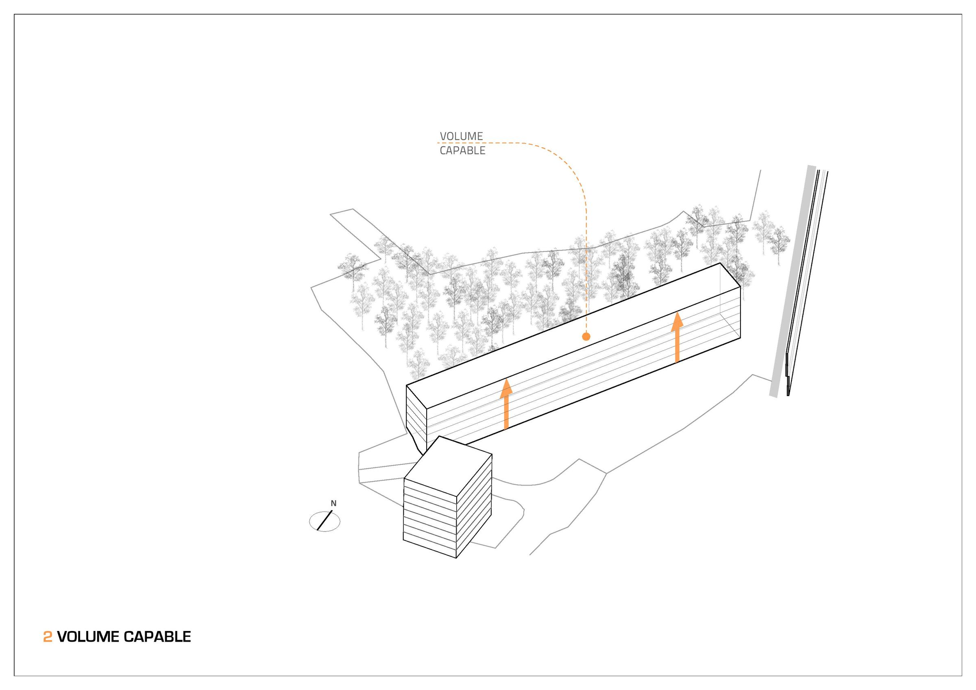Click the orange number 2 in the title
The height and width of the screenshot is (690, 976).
pyautogui.click(x=48, y=636)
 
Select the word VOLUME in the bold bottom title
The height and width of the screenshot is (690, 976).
pyautogui.click(x=88, y=636)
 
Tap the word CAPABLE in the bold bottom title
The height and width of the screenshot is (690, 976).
pyautogui.click(x=157, y=636)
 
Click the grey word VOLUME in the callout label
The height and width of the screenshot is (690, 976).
pyautogui.click(x=461, y=136)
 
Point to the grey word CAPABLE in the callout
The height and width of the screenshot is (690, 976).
pyautogui.click(x=462, y=150)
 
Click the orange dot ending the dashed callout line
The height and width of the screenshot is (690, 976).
pyautogui.click(x=586, y=337)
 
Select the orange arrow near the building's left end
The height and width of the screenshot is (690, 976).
pyautogui.click(x=506, y=404)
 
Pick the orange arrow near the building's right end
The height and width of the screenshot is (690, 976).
pyautogui.click(x=677, y=337)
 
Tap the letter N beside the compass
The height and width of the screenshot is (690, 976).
pyautogui.click(x=334, y=503)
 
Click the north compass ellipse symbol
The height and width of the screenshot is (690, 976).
pyautogui.click(x=325, y=521)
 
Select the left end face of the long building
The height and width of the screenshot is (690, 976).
pyautogui.click(x=416, y=417)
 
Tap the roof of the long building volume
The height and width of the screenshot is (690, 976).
pyautogui.click(x=574, y=336)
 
